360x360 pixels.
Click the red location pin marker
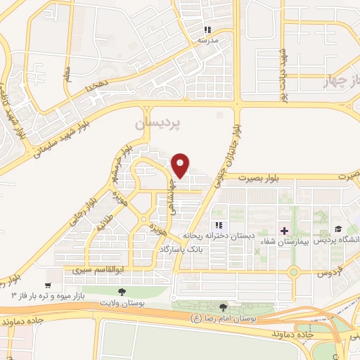pyautogui.click(x=181, y=165)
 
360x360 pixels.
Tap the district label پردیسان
pyautogui.click(x=158, y=122)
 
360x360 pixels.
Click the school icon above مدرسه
pyautogui.click(x=207, y=30)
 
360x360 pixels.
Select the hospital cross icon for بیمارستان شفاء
pyautogui.click(x=284, y=231)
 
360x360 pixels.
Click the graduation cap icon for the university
pyautogui.click(x=337, y=229)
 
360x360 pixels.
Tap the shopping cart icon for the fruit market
pyautogui.click(x=48, y=285)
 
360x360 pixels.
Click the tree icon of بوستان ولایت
pyautogui.click(x=122, y=291)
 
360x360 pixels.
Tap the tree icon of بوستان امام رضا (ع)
pyautogui.click(x=224, y=307)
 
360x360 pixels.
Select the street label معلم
pyautogui.click(x=67, y=72)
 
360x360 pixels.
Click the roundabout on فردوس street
pyautogui.click(x=294, y=271)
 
